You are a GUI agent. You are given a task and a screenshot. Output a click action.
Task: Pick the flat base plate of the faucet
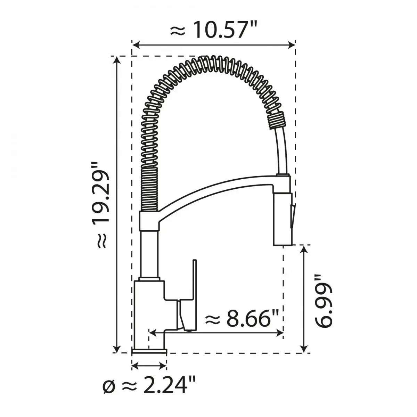click(x=149, y=352)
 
